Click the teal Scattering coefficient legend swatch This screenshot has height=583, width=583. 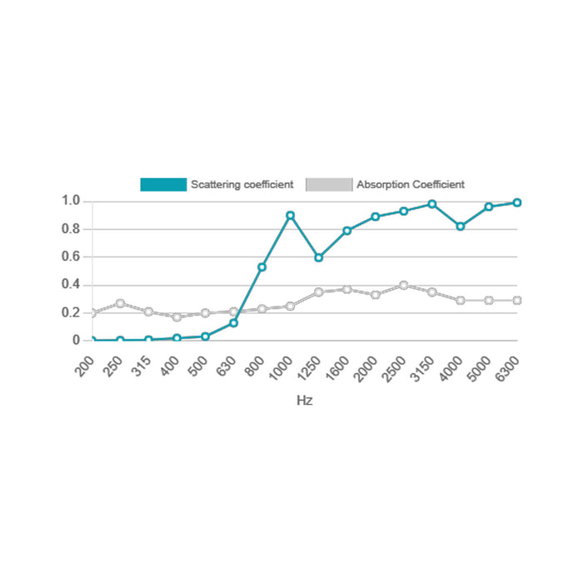pos(163,185)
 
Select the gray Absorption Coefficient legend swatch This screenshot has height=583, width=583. pos(330,185)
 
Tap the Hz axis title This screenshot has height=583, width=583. pos(305,401)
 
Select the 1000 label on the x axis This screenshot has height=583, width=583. pos(280,366)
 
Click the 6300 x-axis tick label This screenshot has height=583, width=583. pos(506,366)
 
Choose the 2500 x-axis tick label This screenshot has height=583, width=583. pos(393,366)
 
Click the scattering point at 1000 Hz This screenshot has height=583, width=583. pos(290,216)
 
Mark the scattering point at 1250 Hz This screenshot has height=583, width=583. pos(318,257)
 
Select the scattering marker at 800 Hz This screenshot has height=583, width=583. pos(262,267)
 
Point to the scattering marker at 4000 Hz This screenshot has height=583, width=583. pos(460,227)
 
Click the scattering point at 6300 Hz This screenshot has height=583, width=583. pos(516,202)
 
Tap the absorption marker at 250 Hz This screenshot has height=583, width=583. pos(120,303)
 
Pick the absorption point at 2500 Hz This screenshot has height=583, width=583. pos(403,285)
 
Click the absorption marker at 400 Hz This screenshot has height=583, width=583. pos(177,317)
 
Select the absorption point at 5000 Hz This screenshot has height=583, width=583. pos(488,300)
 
